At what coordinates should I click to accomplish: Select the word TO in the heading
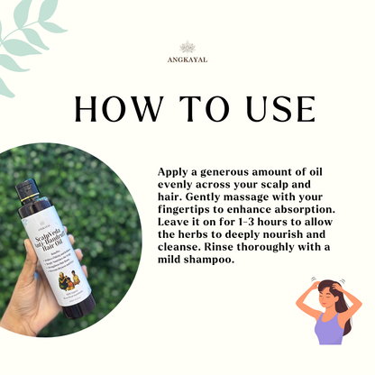pos(191,107)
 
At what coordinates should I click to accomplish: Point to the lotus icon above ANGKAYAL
pos(187,46)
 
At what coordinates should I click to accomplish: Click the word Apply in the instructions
pos(175,171)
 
